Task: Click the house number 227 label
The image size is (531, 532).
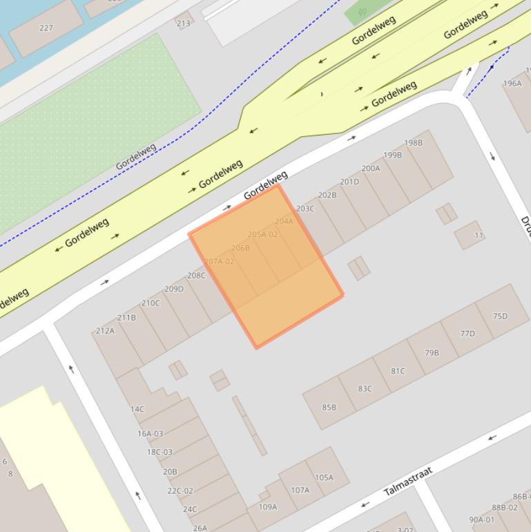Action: pos(46,28)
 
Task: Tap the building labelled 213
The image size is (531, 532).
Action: pos(183,23)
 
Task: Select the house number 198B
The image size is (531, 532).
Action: pos(413,143)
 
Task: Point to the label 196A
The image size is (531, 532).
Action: pos(512,84)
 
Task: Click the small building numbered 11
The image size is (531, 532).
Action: pos(479,236)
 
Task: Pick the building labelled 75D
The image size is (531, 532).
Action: pos(500,316)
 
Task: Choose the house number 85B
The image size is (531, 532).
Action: pos(329,407)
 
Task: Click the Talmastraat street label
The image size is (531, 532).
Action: pos(407,481)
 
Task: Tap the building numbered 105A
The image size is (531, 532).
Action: pos(324,477)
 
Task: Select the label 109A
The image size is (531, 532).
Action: pos(267,506)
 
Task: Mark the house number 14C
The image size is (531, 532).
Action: pos(137,409)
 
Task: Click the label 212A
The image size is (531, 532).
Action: pos(105,331)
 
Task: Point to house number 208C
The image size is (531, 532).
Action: pos(196,276)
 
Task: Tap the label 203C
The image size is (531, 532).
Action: pos(305,209)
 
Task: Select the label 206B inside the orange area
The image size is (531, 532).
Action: pos(240,248)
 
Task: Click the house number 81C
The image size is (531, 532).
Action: pos(398,371)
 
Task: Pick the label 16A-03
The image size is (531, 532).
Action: pos(150,434)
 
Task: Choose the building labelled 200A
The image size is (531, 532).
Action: pos(371,168)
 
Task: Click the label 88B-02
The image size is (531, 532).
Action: pos(504,507)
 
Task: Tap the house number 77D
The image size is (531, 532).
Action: pos(467,334)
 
